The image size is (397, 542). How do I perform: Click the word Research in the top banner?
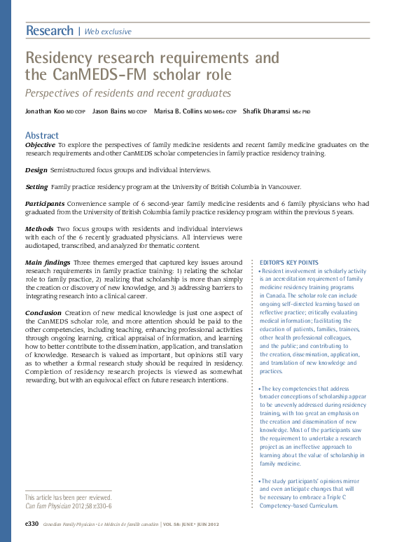pyautogui.click(x=49, y=31)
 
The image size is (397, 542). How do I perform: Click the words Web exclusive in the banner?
pyautogui.click(x=107, y=32)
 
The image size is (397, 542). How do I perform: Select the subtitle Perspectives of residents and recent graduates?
pyautogui.click(x=127, y=92)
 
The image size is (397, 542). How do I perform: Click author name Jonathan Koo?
pyautogui.click(x=45, y=111)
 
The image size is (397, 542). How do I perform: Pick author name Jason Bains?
pyautogui.click(x=111, y=111)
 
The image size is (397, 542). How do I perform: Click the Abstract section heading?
pyautogui.click(x=42, y=135)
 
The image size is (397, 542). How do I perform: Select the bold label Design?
pyautogui.click(x=36, y=170)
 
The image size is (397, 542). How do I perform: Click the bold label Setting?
pyautogui.click(x=36, y=187)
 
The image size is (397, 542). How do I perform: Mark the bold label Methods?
pyautogui.click(x=39, y=229)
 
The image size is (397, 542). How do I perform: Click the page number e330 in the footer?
pyautogui.click(x=32, y=524)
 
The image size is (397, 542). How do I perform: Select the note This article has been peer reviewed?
pyautogui.click(x=67, y=497)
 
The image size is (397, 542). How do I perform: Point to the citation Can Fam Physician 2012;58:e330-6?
pyautogui.click(x=69, y=506)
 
